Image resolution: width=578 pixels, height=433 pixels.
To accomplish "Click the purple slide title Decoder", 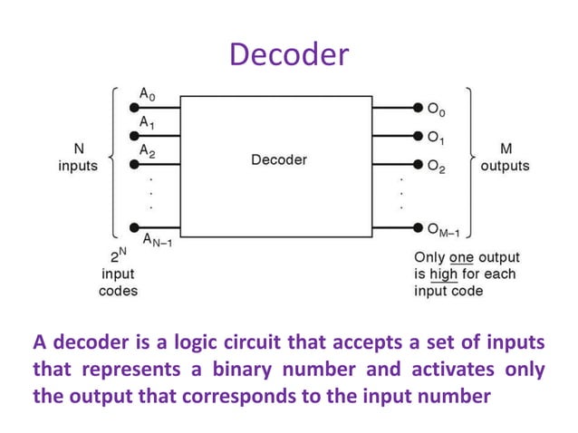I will (288, 54).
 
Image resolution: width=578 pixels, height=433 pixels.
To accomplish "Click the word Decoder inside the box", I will (278, 160).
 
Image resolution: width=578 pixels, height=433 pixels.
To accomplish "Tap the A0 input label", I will (148, 93).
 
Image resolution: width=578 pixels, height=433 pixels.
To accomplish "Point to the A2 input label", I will (148, 151).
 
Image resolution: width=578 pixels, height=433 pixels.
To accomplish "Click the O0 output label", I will (437, 110).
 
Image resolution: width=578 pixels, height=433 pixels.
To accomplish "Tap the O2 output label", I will (437, 168).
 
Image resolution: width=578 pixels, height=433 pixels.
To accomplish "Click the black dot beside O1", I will (418, 137).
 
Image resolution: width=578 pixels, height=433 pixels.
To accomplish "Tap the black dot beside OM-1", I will (418, 226).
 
